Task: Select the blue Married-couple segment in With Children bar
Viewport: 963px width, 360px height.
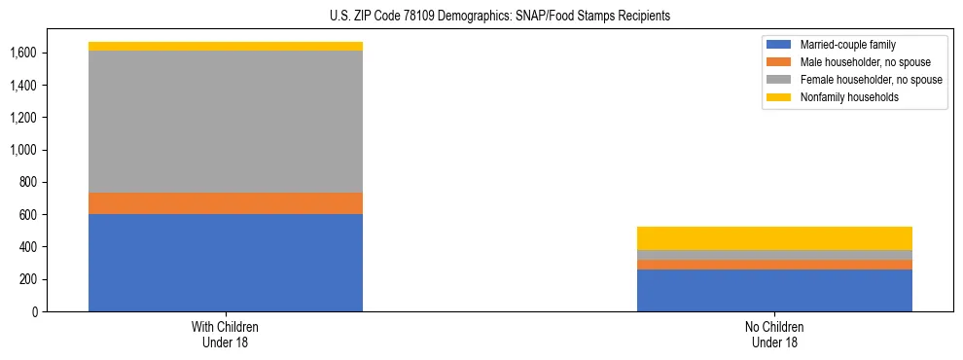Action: coord(226,263)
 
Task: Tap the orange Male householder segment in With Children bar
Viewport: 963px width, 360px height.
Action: coord(226,203)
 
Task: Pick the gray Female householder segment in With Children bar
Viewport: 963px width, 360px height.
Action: coord(226,122)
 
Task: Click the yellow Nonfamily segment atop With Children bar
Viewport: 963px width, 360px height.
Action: coord(226,46)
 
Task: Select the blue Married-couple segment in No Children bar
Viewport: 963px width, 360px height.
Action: coord(774,290)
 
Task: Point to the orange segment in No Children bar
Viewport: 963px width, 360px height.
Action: coord(774,265)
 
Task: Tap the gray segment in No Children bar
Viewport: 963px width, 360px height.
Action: coord(774,255)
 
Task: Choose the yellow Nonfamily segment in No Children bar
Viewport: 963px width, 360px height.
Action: coord(774,238)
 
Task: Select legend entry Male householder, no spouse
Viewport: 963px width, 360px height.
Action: coord(856,62)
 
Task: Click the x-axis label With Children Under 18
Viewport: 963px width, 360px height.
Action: coord(226,334)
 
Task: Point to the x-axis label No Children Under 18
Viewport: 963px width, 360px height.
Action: coord(774,334)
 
